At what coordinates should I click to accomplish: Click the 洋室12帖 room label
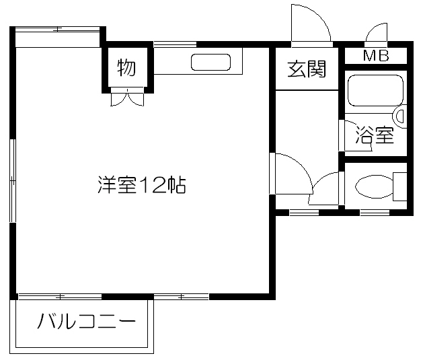point(142,185)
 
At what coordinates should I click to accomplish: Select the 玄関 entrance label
point(307,69)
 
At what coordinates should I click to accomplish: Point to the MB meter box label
point(376,56)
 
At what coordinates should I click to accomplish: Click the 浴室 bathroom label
point(375,135)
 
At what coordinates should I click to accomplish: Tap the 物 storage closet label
point(126,67)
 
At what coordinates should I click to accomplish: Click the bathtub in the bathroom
point(375,91)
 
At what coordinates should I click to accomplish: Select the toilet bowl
point(375,187)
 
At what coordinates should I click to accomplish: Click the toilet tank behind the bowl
point(400,186)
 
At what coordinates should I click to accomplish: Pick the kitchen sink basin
point(210,63)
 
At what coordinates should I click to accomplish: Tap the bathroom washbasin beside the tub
point(400,116)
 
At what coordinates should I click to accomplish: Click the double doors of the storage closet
point(127,97)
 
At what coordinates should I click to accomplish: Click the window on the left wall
point(12,180)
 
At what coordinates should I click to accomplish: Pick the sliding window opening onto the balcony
point(60,297)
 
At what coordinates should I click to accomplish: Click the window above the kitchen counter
point(175,44)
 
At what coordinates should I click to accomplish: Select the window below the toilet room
point(375,213)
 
